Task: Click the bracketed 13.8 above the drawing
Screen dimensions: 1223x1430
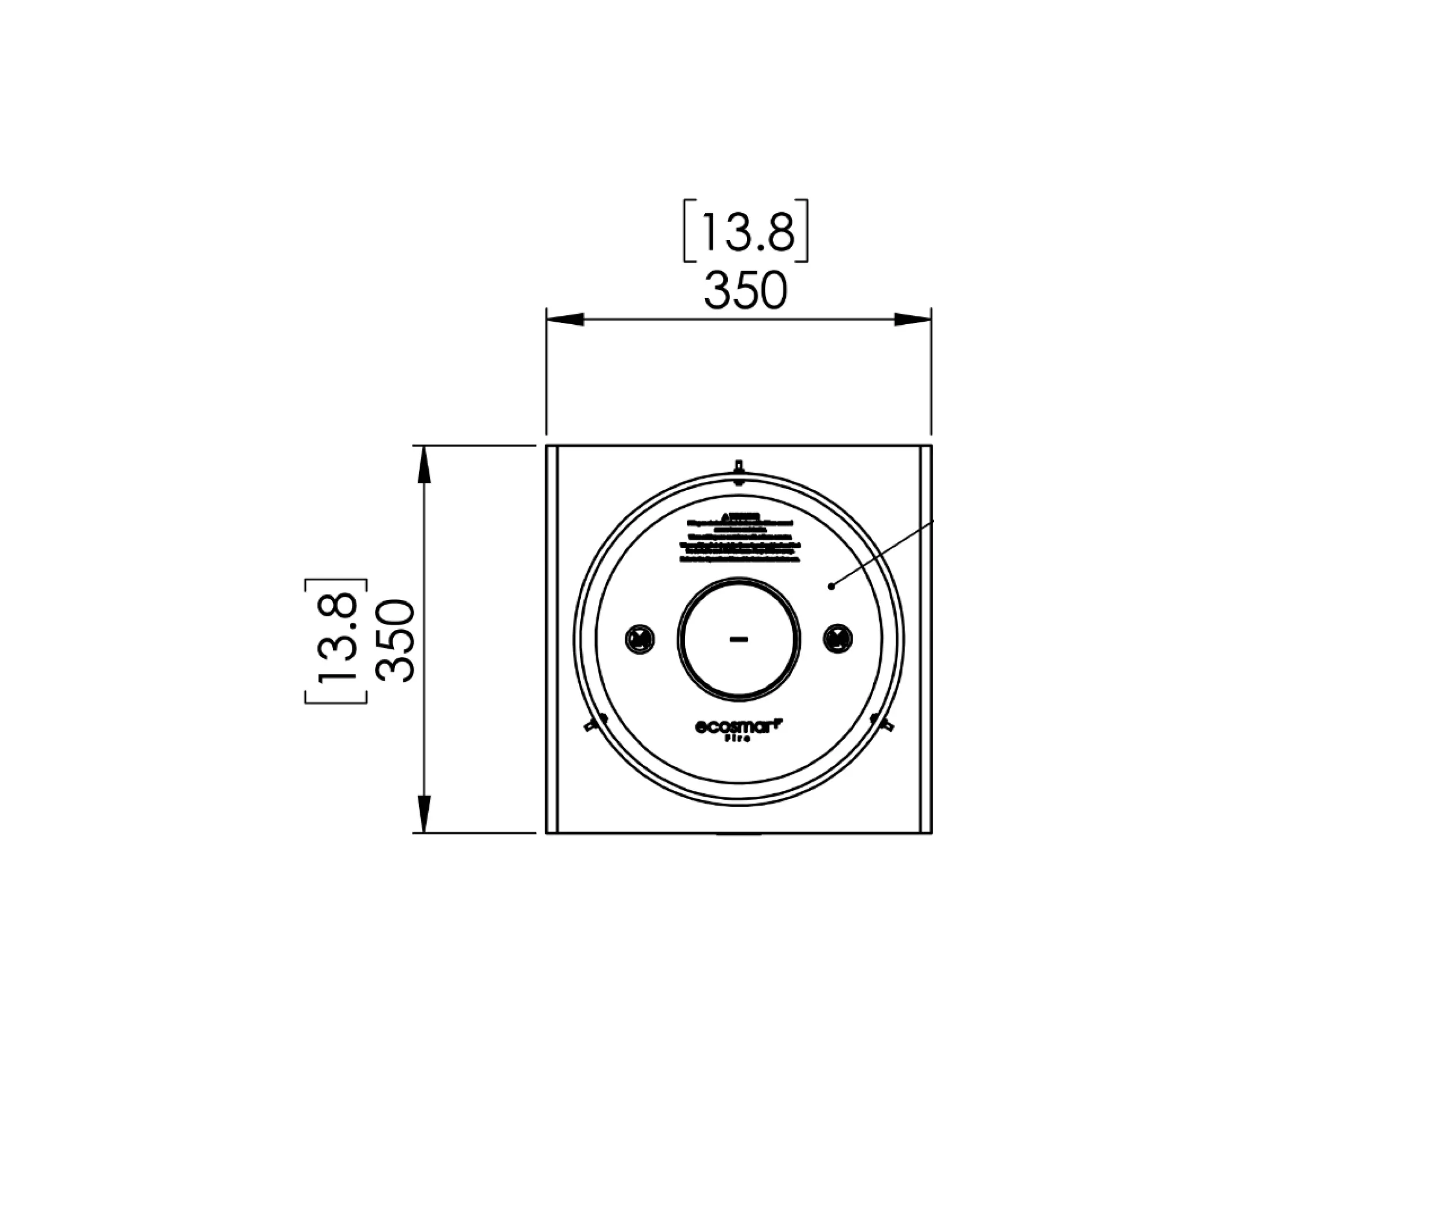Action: click(x=745, y=231)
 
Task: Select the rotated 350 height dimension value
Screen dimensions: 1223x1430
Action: click(x=397, y=641)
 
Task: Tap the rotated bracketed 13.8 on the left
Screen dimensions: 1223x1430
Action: click(x=336, y=641)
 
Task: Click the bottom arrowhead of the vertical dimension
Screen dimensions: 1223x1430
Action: click(x=424, y=814)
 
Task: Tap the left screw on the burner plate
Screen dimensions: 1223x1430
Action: click(x=640, y=639)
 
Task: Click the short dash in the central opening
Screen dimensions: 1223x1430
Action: click(x=738, y=640)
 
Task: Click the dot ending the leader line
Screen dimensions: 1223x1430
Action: click(x=831, y=587)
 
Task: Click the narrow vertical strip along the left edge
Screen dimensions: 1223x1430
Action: click(x=552, y=639)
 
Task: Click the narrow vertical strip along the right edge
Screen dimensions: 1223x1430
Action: click(x=925, y=639)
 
